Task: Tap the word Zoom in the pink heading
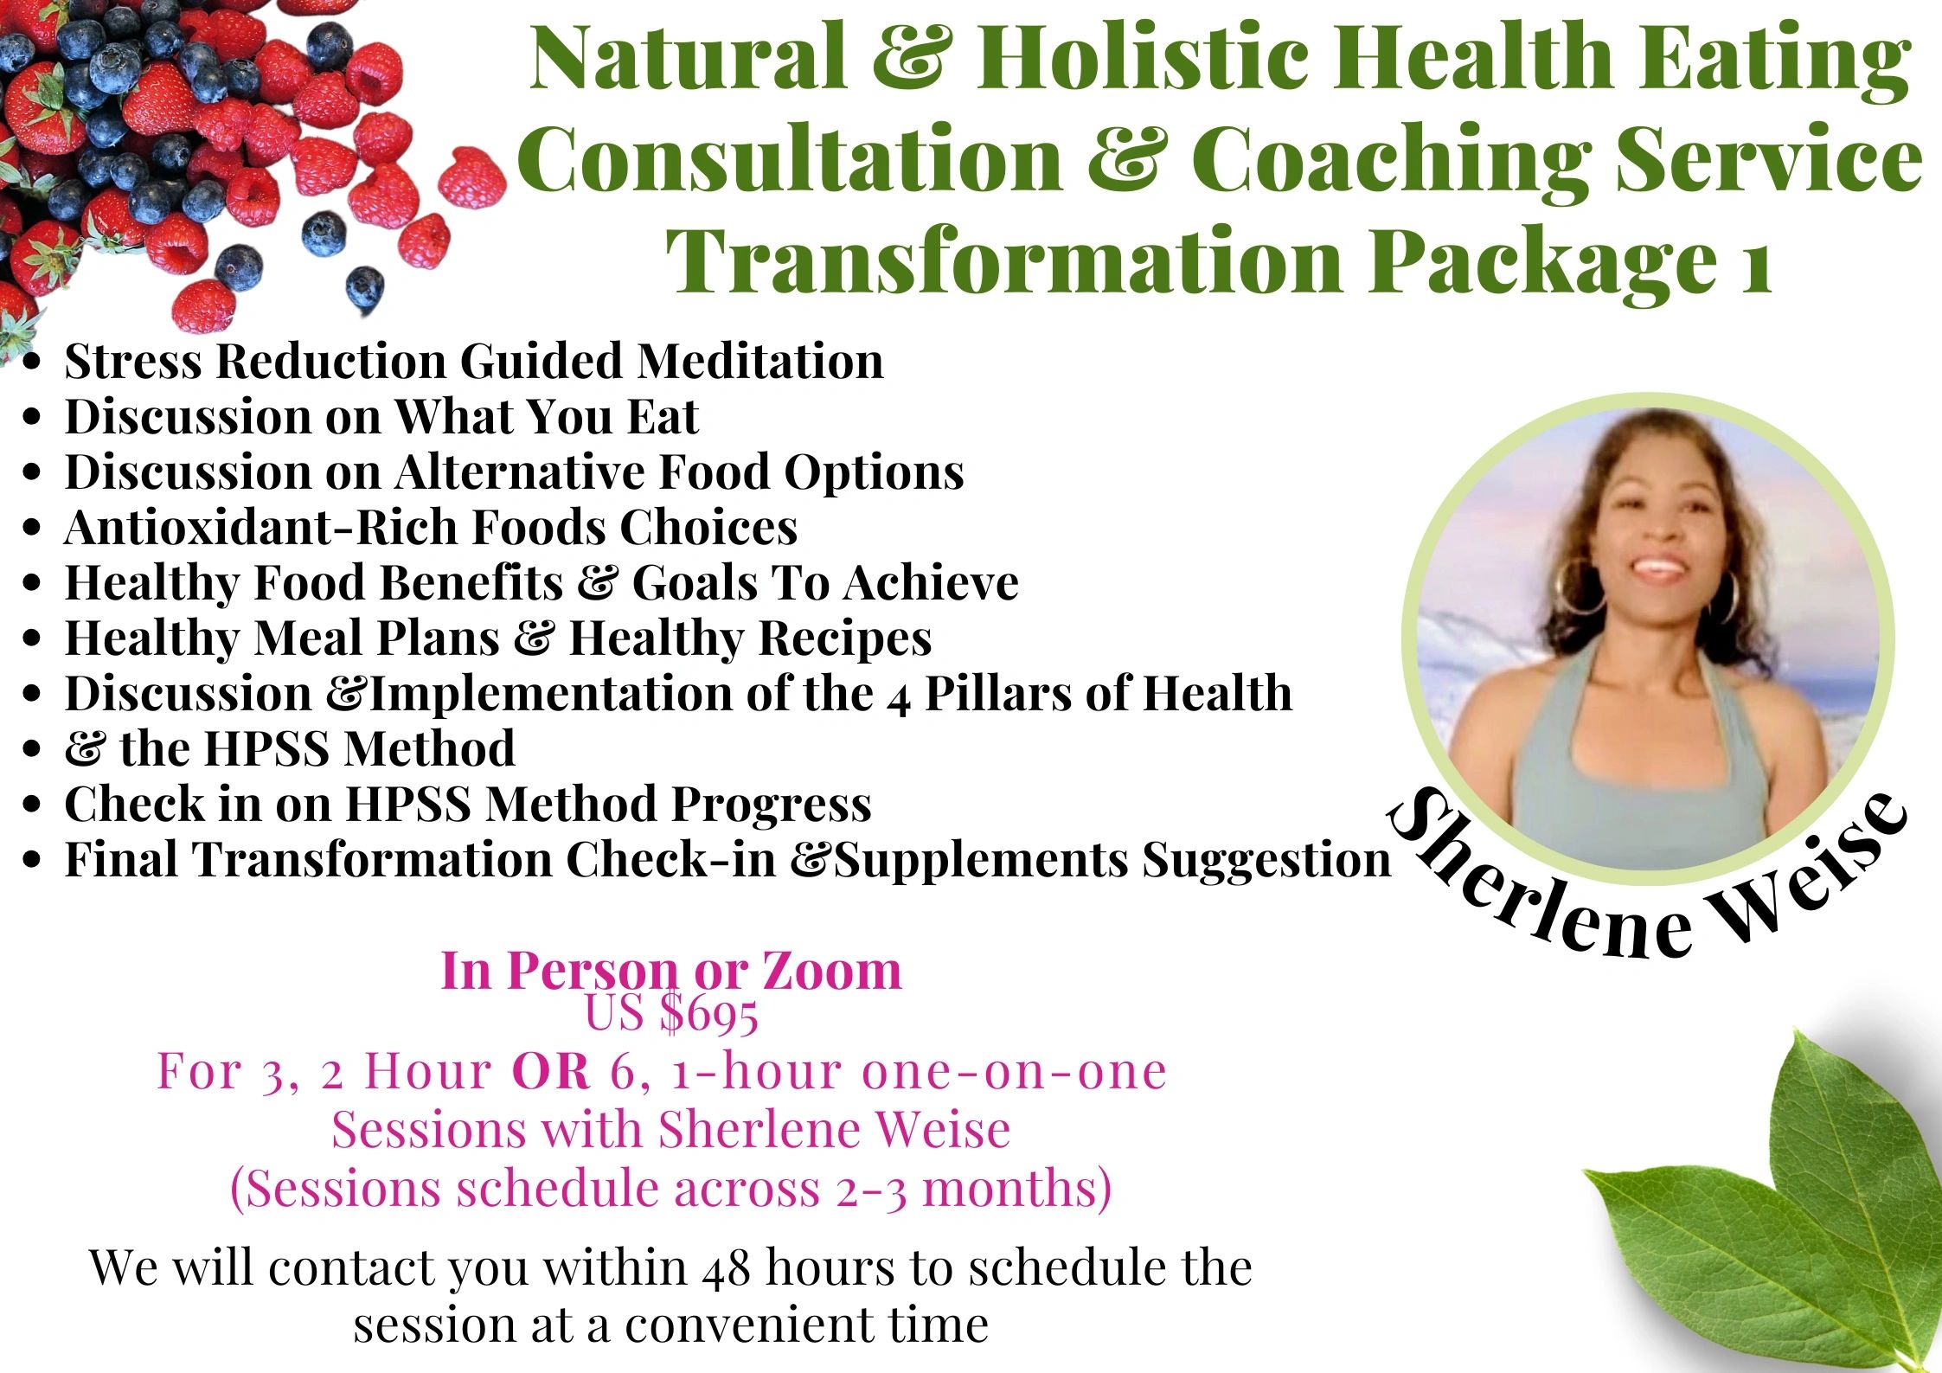pyautogui.click(x=831, y=971)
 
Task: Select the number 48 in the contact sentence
pyautogui.click(x=727, y=1268)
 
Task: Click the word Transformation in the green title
pyautogui.click(x=1003, y=260)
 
